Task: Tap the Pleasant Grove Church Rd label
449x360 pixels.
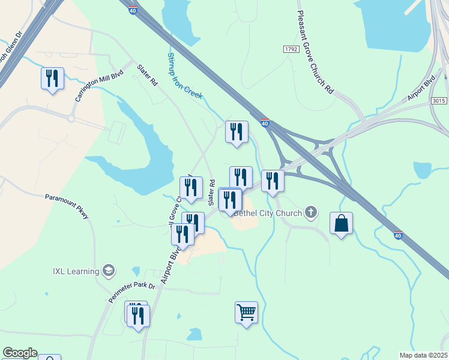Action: click(x=316, y=53)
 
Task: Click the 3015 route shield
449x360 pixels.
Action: click(x=439, y=101)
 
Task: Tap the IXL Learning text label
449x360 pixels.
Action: click(x=75, y=271)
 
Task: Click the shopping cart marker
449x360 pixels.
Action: click(x=246, y=313)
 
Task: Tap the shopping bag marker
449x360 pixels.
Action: click(x=341, y=223)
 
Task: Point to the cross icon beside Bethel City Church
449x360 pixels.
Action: click(x=310, y=211)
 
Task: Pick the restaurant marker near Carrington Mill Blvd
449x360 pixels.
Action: click(x=52, y=79)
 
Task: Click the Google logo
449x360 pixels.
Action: click(x=20, y=353)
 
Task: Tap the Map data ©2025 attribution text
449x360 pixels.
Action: click(x=424, y=355)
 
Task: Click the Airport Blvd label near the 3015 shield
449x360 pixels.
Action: click(x=421, y=89)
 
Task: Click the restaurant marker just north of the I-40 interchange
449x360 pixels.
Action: click(x=237, y=132)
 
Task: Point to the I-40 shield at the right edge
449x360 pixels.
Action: click(x=398, y=233)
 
